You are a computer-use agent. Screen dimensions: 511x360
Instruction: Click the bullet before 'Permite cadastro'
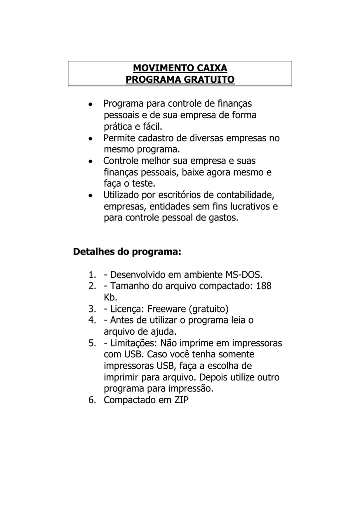click(89, 139)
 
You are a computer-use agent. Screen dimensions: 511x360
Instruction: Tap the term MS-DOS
click(242, 275)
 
